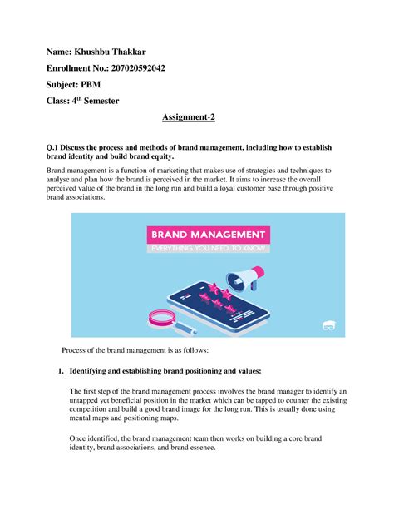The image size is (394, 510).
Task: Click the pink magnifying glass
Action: [160, 317]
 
